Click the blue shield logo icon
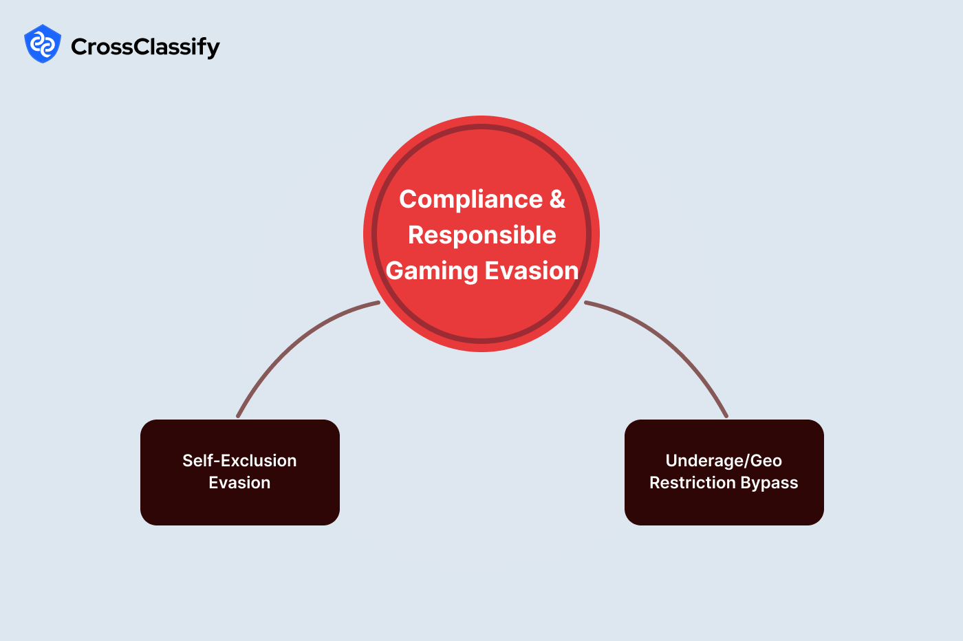click(43, 44)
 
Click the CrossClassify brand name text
click(145, 47)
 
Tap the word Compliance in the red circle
click(471, 199)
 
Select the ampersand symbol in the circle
click(557, 199)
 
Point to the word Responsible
click(481, 235)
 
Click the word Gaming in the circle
click(431, 270)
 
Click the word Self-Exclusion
click(239, 460)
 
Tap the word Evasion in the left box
click(239, 483)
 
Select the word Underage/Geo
click(724, 460)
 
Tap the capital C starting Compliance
click(408, 199)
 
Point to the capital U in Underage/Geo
click(672, 460)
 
